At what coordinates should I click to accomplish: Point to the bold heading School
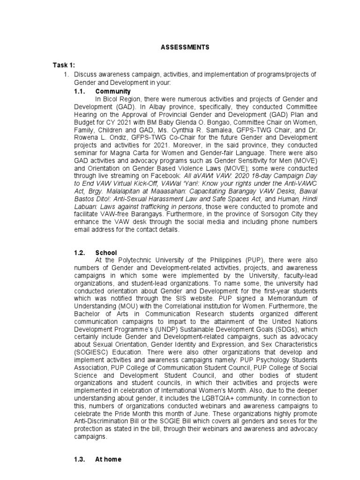(x=105, y=253)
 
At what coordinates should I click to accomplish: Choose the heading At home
(x=108, y=459)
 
